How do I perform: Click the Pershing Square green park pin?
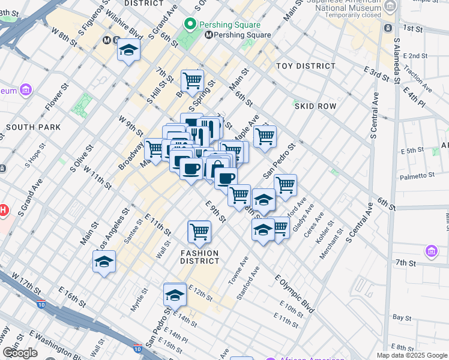(x=190, y=25)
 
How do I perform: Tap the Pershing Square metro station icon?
(x=209, y=35)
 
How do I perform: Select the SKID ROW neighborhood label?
(x=315, y=106)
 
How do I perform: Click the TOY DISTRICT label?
(x=306, y=66)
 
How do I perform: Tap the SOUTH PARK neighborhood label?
(x=33, y=127)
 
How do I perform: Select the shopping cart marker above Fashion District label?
(x=199, y=231)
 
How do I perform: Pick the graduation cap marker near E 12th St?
(x=175, y=295)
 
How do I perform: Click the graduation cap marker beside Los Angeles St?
(x=104, y=262)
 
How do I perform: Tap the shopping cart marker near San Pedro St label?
(x=285, y=185)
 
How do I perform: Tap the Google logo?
(x=20, y=353)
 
